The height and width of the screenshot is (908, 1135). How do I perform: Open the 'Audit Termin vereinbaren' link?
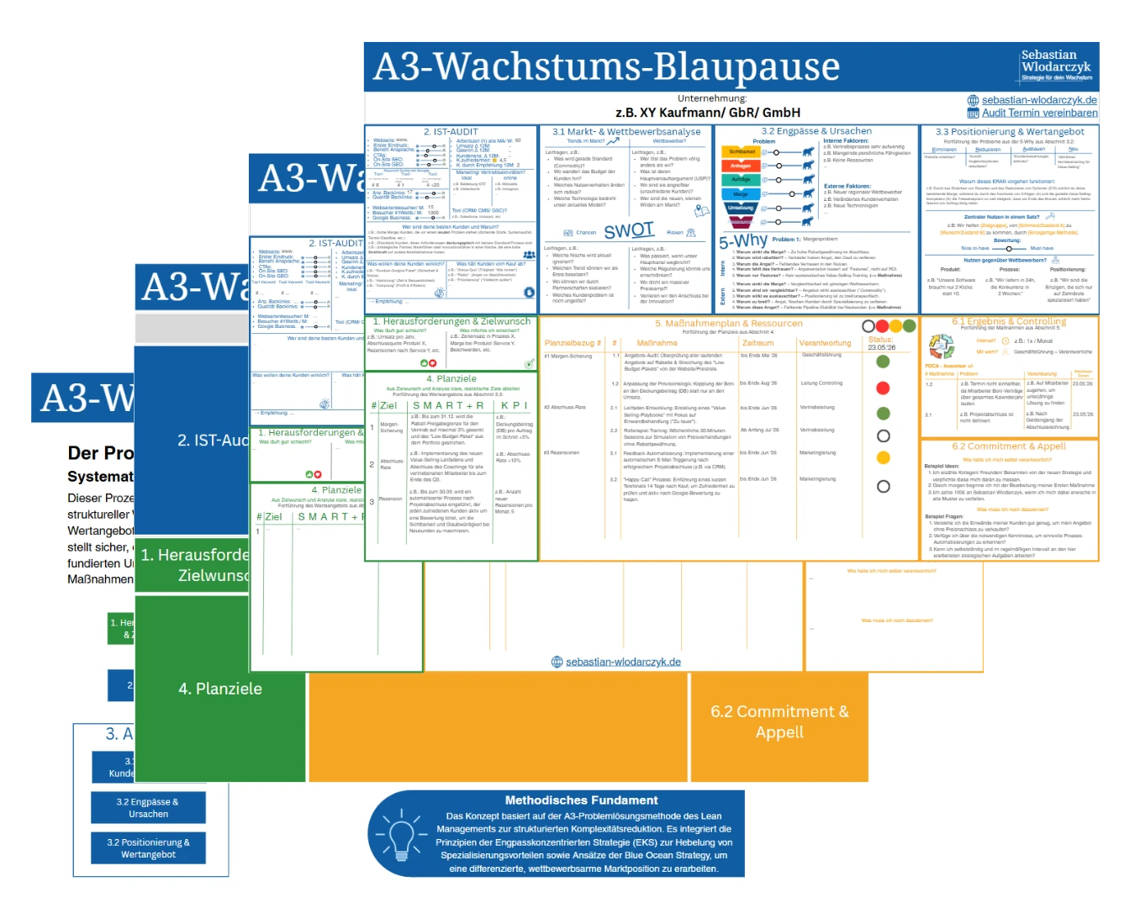click(x=1039, y=113)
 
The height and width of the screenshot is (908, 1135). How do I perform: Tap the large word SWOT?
click(x=628, y=230)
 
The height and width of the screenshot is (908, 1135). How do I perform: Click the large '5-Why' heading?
click(x=742, y=240)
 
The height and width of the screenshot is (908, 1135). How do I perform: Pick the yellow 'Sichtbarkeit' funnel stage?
click(x=741, y=152)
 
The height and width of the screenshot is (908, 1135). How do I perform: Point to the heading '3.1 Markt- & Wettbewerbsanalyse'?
click(x=626, y=131)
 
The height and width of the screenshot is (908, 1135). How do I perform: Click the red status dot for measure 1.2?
click(x=883, y=388)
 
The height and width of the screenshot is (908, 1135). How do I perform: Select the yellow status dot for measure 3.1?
click(x=883, y=457)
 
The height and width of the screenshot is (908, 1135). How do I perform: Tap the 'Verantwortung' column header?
click(x=825, y=343)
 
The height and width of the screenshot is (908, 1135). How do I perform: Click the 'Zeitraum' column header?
click(x=758, y=343)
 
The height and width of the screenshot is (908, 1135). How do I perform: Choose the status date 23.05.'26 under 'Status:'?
click(x=881, y=347)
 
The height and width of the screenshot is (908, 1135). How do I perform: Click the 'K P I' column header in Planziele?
click(x=514, y=405)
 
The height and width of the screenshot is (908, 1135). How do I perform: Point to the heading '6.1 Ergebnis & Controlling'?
click(x=1008, y=321)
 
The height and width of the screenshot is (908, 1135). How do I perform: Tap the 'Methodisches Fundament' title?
click(x=581, y=800)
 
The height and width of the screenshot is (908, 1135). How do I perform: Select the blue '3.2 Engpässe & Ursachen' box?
click(x=148, y=808)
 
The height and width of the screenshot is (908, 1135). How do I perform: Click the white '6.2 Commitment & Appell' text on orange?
click(x=779, y=721)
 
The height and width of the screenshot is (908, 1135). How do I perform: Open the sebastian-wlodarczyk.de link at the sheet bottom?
click(x=622, y=662)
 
